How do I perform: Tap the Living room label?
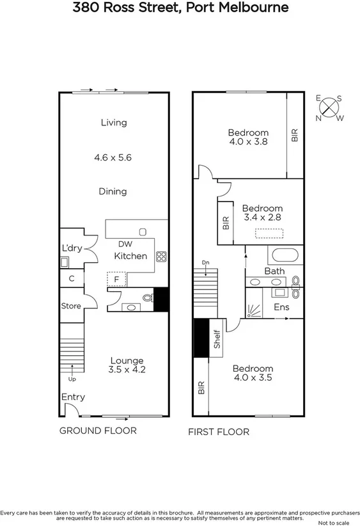(114, 122)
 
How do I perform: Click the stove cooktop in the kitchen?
(161, 257)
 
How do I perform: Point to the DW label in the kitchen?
(125, 244)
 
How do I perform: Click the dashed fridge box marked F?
(116, 280)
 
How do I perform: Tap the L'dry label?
(72, 248)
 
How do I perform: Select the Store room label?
(71, 306)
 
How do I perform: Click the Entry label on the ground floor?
(73, 397)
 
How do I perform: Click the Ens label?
(281, 307)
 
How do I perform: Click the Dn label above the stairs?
(205, 262)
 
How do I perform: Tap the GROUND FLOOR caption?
(98, 431)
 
